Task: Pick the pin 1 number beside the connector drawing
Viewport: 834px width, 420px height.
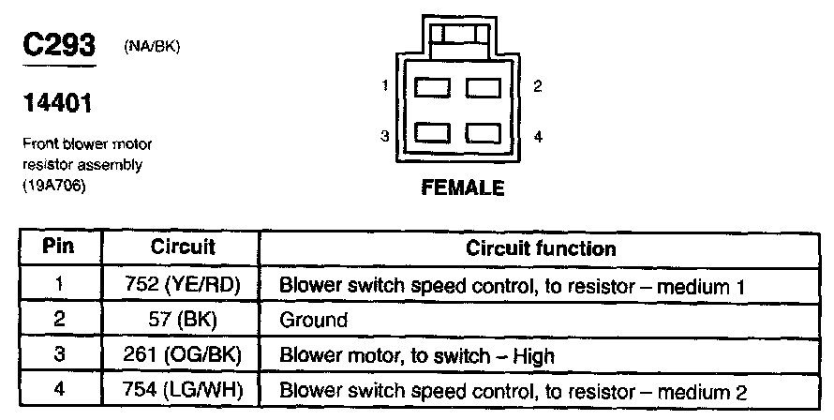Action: [385, 87]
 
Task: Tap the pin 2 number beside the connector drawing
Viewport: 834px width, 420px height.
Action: [536, 87]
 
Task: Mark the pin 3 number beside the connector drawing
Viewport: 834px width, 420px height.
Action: [385, 137]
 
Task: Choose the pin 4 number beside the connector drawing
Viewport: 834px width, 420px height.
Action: [537, 137]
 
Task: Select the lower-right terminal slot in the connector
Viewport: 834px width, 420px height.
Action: [486, 134]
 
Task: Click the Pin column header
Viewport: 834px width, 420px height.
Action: [58, 248]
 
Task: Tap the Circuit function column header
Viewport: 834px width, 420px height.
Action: [541, 248]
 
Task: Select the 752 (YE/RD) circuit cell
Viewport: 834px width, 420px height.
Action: [183, 285]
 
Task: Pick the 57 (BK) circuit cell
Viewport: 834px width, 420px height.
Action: [183, 320]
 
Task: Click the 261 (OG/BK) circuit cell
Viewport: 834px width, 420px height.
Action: [183, 355]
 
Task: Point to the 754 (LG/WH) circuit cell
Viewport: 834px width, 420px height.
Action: [183, 390]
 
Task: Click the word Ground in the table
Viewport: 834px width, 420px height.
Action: [314, 320]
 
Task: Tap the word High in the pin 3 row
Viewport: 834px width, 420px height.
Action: [535, 355]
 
